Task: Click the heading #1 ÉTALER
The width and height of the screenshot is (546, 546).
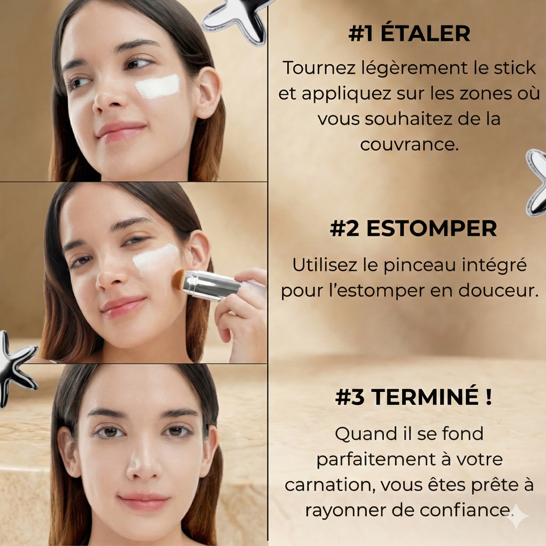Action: tap(409, 34)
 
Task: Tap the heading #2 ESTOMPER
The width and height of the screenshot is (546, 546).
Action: tap(413, 229)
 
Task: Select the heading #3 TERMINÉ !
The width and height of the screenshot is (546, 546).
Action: tap(414, 397)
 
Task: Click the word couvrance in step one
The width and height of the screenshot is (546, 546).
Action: tap(409, 145)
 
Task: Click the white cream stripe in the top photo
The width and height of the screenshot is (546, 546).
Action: tap(158, 87)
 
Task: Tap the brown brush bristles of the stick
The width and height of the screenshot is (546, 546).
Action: tap(179, 280)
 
